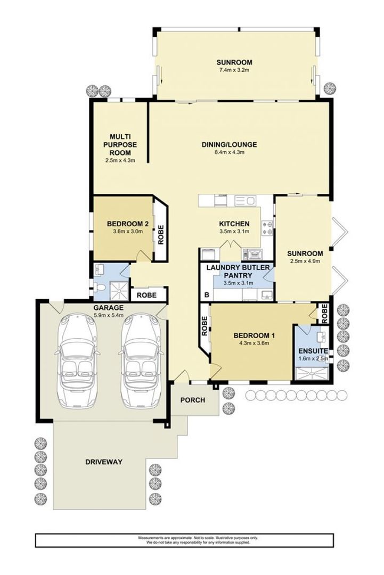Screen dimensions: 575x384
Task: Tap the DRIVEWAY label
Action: [104, 462]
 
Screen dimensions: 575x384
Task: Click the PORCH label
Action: [192, 400]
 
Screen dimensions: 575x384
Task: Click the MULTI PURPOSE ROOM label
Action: [120, 144]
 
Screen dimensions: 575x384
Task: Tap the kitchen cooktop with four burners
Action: [267, 228]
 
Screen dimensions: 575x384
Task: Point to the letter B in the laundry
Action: [207, 294]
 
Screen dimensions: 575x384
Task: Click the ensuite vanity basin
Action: [321, 335]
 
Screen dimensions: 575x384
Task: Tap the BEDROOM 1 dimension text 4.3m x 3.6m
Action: [255, 343]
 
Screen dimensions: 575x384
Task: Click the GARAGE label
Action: [109, 308]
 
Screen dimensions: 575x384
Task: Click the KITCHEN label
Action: [234, 224]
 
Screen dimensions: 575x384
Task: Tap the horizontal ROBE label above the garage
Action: [148, 294]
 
